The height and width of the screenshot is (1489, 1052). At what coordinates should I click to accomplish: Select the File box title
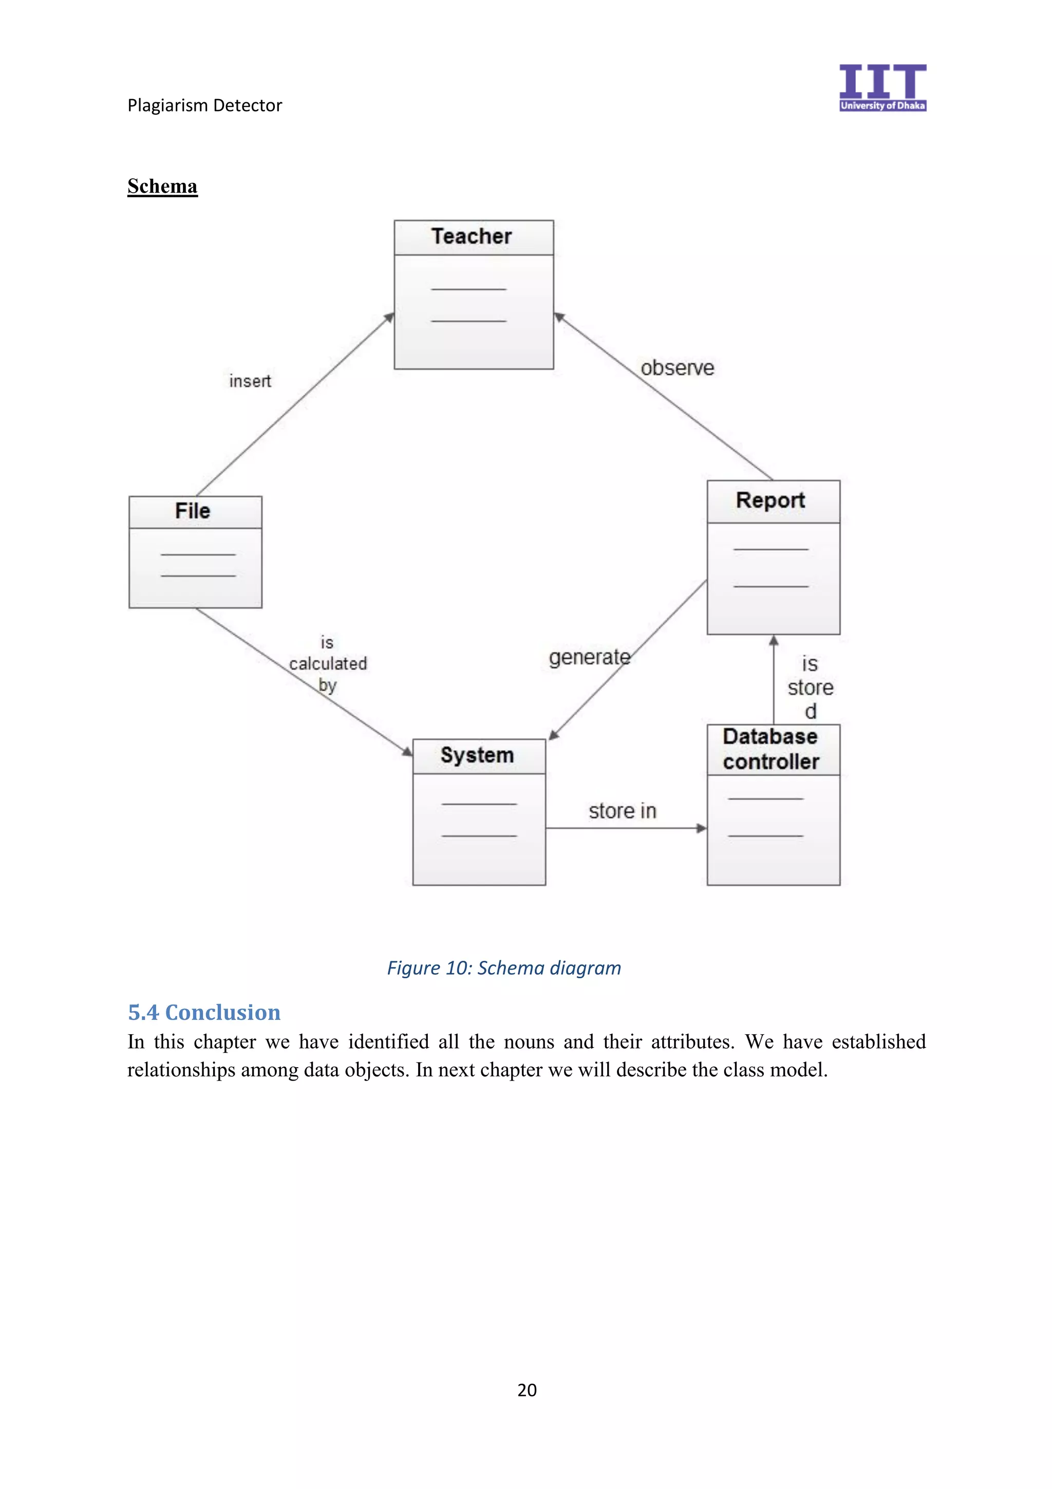click(193, 511)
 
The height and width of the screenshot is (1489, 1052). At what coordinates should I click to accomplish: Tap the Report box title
click(770, 500)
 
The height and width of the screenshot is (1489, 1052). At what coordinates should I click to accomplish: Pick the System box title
click(477, 755)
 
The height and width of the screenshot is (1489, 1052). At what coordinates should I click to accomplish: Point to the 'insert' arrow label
click(250, 381)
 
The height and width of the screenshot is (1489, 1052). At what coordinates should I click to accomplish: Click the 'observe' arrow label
click(678, 368)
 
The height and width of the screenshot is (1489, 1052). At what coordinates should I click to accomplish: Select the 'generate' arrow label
click(589, 658)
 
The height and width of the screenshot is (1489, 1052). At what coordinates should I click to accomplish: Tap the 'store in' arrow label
click(622, 811)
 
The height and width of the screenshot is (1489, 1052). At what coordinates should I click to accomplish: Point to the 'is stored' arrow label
click(810, 687)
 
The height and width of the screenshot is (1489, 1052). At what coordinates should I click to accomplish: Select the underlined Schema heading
click(162, 187)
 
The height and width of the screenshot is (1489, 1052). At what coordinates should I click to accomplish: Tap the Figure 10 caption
click(503, 968)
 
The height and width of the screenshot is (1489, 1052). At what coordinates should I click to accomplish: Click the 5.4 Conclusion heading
click(204, 1012)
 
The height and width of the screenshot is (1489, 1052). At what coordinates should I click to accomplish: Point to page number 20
click(527, 1390)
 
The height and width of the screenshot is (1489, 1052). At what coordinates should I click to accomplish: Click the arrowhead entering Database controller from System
click(701, 828)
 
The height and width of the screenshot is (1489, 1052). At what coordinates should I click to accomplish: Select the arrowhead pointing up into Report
click(773, 641)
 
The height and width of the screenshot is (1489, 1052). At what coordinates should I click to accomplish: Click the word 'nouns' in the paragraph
click(529, 1042)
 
